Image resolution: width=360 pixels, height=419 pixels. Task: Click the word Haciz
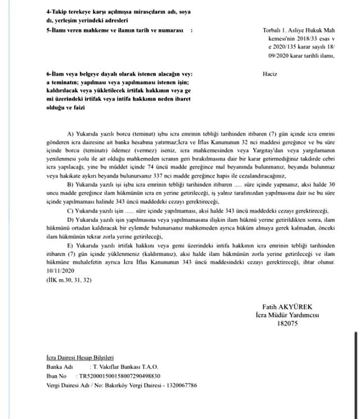coord(270,74)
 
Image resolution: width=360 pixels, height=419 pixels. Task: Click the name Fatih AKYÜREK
coord(287,308)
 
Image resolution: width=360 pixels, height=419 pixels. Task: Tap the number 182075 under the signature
coord(287,323)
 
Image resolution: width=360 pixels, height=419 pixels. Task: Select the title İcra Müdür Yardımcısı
coord(287,316)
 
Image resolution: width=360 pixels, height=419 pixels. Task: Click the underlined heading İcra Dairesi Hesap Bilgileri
coord(80,357)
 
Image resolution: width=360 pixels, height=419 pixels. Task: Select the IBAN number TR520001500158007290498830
coord(120,376)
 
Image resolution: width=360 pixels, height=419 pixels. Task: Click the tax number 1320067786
coord(181,385)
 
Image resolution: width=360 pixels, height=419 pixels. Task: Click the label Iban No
coord(57,376)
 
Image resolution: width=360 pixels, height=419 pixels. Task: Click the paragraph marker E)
coord(71,246)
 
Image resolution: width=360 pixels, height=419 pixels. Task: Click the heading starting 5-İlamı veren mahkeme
coord(115,29)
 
